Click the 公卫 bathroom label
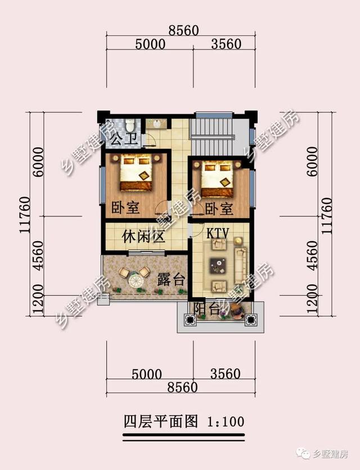[x=124, y=139]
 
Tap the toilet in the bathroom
[x=130, y=125]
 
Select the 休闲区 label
[x=143, y=237]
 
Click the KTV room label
[x=218, y=233]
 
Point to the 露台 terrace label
[x=170, y=279]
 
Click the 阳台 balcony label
[x=206, y=309]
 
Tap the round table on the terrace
[x=137, y=281]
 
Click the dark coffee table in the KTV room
[x=218, y=265]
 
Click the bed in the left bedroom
[x=136, y=173]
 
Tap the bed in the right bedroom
[x=217, y=179]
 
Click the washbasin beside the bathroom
[x=156, y=123]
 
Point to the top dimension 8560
[x=183, y=30]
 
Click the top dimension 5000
[x=150, y=44]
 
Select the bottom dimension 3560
[x=226, y=374]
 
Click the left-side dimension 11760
[x=25, y=214]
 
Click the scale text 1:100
[x=226, y=422]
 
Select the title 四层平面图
[x=161, y=422]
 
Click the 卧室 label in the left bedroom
[x=125, y=207]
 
